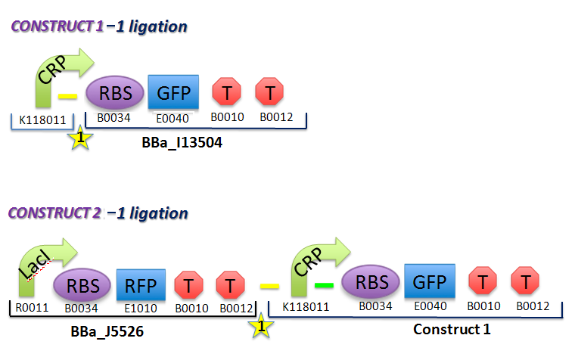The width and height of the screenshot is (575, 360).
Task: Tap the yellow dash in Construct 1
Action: click(68, 96)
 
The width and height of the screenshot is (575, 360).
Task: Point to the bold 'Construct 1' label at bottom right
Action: click(452, 330)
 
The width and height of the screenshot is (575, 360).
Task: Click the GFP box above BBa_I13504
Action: click(173, 93)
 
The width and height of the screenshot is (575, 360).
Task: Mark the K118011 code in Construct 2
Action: click(302, 308)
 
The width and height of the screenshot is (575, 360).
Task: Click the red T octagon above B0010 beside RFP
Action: click(189, 285)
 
